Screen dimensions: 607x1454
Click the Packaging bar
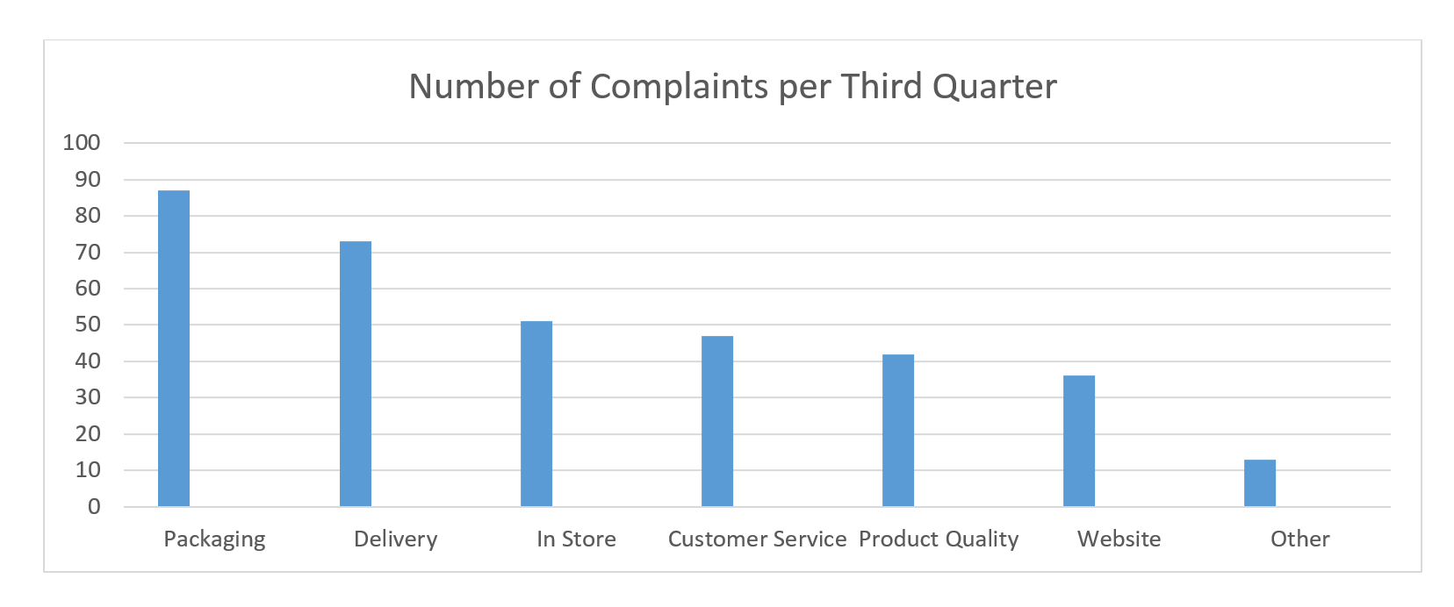(x=174, y=348)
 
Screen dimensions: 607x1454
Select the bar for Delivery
(x=355, y=374)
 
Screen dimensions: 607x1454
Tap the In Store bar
(x=536, y=414)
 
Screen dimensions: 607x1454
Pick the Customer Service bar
(x=716, y=421)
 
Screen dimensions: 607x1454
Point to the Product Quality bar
(x=897, y=430)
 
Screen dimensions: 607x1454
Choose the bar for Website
(x=1078, y=441)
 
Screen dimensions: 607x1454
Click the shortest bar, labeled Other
(x=1259, y=483)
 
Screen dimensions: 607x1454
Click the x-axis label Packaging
(x=214, y=539)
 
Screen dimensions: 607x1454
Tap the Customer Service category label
(x=757, y=539)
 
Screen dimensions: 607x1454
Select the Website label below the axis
(x=1119, y=539)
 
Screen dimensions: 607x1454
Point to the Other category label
(x=1299, y=539)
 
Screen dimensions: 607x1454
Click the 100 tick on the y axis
(x=82, y=142)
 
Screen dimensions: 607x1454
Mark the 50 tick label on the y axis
(x=88, y=325)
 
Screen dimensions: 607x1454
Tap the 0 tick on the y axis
(x=94, y=506)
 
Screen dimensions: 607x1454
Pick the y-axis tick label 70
(x=88, y=252)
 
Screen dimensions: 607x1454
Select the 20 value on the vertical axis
(x=88, y=433)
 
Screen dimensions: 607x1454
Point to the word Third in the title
(x=881, y=87)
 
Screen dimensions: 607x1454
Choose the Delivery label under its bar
(x=395, y=539)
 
